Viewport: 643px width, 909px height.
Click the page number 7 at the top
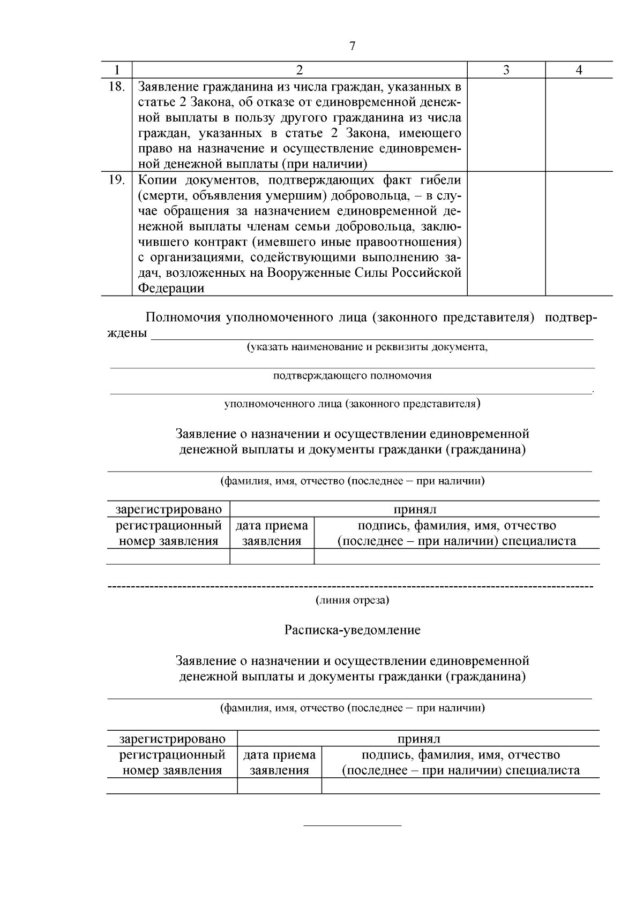[x=352, y=46]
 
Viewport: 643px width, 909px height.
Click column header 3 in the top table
[x=506, y=70]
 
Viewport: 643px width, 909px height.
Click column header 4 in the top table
[x=579, y=70]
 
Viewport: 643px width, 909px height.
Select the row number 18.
[x=116, y=86]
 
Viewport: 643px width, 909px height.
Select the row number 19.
[x=116, y=179]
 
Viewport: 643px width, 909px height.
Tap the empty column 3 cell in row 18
[x=506, y=125]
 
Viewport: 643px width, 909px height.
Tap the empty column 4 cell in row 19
[x=579, y=233]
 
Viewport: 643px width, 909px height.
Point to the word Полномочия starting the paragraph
[x=183, y=317]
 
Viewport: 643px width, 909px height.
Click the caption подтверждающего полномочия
[x=352, y=375]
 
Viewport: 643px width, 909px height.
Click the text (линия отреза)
[x=352, y=600]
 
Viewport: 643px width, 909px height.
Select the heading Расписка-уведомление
[x=352, y=630]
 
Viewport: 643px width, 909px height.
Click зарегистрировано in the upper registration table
[x=168, y=509]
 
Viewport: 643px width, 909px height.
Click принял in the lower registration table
[x=418, y=739]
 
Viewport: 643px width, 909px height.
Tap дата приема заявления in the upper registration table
[x=272, y=533]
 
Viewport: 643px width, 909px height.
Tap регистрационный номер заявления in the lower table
[x=172, y=762]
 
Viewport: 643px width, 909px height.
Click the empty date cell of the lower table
[x=279, y=785]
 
